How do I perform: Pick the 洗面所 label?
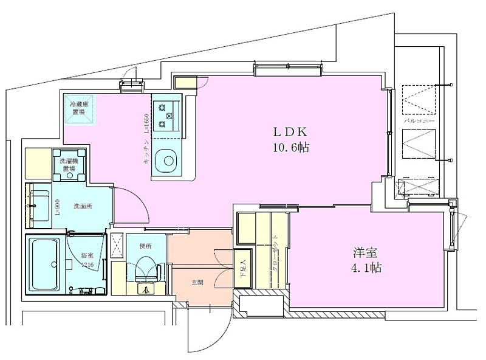coord(83,206)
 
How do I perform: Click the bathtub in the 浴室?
coord(44,263)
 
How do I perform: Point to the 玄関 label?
coord(197,282)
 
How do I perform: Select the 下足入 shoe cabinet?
coord(243,268)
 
